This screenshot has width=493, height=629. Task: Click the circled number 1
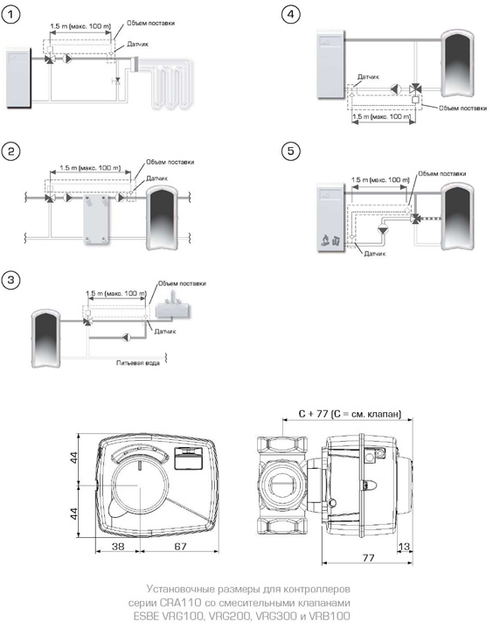click(x=10, y=15)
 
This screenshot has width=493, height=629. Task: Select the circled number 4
click(x=290, y=15)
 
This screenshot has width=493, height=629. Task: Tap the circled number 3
click(x=10, y=280)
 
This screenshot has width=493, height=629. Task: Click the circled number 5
click(x=290, y=151)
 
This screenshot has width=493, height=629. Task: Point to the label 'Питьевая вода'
click(x=138, y=363)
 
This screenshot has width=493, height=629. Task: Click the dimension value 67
click(x=180, y=547)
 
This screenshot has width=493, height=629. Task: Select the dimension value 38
click(x=118, y=547)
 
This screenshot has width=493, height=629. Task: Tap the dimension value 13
click(x=404, y=547)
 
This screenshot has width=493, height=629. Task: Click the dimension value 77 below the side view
click(x=368, y=558)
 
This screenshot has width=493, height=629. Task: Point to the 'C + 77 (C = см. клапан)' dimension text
click(x=350, y=414)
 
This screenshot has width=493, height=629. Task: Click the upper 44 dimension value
click(x=74, y=458)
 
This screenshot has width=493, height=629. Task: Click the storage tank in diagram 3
click(x=46, y=338)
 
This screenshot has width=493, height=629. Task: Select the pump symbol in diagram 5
click(x=384, y=229)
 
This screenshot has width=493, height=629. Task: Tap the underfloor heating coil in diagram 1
click(x=168, y=83)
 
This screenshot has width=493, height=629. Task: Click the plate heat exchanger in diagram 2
click(x=96, y=220)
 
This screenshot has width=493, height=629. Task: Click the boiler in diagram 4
click(x=330, y=64)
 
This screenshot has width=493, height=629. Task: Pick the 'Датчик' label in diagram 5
click(x=375, y=254)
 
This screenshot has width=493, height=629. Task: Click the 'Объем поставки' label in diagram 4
click(x=463, y=108)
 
